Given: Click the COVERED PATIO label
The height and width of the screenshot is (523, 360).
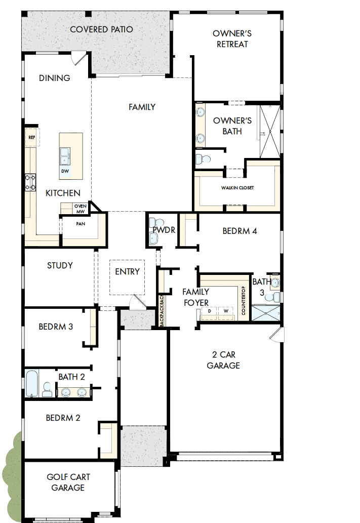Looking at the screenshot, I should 101,29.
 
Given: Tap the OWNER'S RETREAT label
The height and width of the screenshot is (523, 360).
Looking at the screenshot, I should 232,39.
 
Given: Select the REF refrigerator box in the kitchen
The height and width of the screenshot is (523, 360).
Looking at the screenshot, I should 32,137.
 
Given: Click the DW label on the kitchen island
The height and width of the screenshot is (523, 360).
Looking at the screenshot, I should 65,171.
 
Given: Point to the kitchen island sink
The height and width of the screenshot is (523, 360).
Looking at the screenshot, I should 65,156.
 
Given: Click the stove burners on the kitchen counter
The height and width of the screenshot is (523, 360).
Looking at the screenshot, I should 30,182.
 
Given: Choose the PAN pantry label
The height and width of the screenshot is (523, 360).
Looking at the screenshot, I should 80,223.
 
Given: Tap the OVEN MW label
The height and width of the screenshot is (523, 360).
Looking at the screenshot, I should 81,209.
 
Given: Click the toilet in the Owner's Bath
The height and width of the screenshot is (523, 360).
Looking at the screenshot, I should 204,159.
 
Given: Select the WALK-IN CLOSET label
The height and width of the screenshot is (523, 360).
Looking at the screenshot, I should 237,188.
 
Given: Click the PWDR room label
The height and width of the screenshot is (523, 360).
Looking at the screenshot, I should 164,230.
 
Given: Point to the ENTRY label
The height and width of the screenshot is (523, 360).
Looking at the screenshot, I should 127,272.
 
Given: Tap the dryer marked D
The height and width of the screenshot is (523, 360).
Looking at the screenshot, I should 209,311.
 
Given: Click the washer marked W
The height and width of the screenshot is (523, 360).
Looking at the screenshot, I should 226,311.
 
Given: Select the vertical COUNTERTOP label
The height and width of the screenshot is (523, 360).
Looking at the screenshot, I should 244,301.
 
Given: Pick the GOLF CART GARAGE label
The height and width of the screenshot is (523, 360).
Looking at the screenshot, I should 65,482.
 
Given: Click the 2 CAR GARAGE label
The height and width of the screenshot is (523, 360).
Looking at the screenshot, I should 223,360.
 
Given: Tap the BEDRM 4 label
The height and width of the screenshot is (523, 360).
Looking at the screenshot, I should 240,231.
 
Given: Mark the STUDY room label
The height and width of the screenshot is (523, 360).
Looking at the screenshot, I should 60,265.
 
